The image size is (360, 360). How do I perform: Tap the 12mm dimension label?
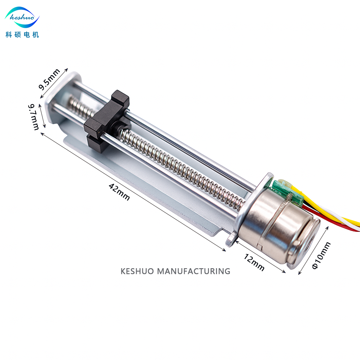(x=254, y=262)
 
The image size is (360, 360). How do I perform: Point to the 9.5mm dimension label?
(x=49, y=80)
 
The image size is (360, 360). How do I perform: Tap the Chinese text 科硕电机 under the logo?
(x=22, y=35)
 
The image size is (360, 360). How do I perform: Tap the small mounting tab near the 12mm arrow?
(x=230, y=240)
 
